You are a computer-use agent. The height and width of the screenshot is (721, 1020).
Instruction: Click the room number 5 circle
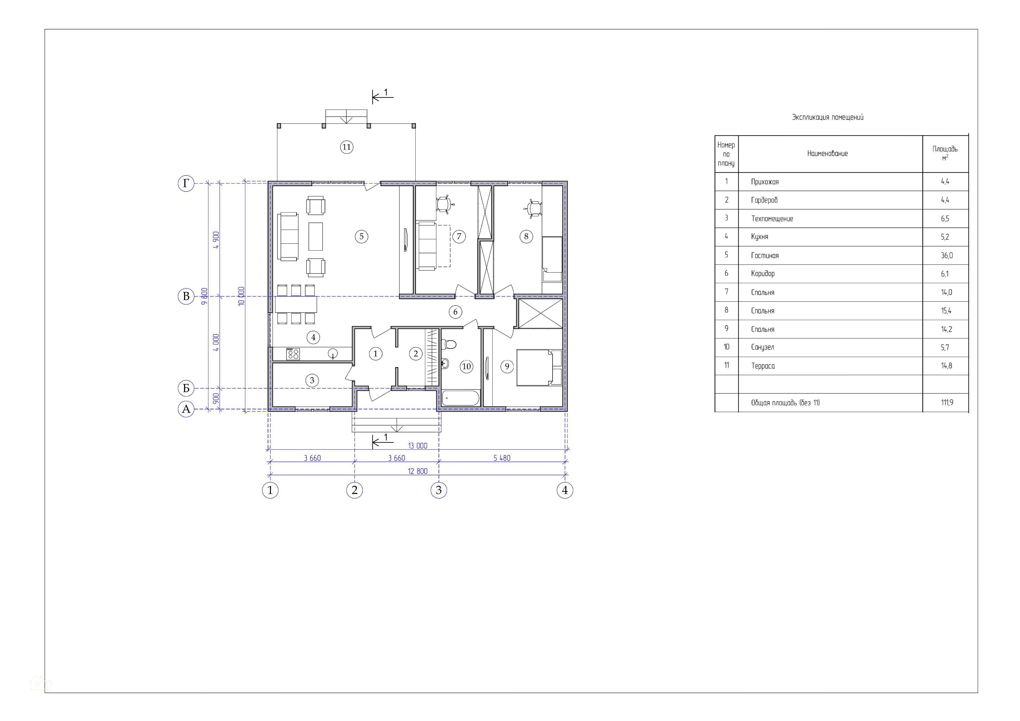pyautogui.click(x=362, y=236)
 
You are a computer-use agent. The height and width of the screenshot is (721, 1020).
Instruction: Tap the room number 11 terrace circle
pyautogui.click(x=346, y=147)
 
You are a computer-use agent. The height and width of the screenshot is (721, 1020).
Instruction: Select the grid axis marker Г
pyautogui.click(x=186, y=183)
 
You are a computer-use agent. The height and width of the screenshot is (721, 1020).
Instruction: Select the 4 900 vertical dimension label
pyautogui.click(x=216, y=240)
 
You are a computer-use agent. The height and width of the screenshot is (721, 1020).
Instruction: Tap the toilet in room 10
pyautogui.click(x=448, y=344)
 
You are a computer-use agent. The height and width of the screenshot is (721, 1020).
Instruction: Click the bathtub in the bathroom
pyautogui.click(x=461, y=398)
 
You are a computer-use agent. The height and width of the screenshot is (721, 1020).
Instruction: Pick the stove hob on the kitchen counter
pyautogui.click(x=293, y=354)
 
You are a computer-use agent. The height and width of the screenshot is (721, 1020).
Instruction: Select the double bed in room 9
pyautogui.click(x=539, y=367)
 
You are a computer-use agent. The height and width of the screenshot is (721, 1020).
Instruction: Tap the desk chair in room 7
pyautogui.click(x=444, y=205)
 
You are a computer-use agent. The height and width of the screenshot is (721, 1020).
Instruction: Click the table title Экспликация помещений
pyautogui.click(x=828, y=117)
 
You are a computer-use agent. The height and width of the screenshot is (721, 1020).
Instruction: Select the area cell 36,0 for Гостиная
pyautogui.click(x=946, y=256)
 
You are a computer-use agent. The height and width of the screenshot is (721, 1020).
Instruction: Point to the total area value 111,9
pyautogui.click(x=947, y=402)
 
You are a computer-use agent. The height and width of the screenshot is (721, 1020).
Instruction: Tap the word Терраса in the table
pyautogui.click(x=763, y=366)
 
